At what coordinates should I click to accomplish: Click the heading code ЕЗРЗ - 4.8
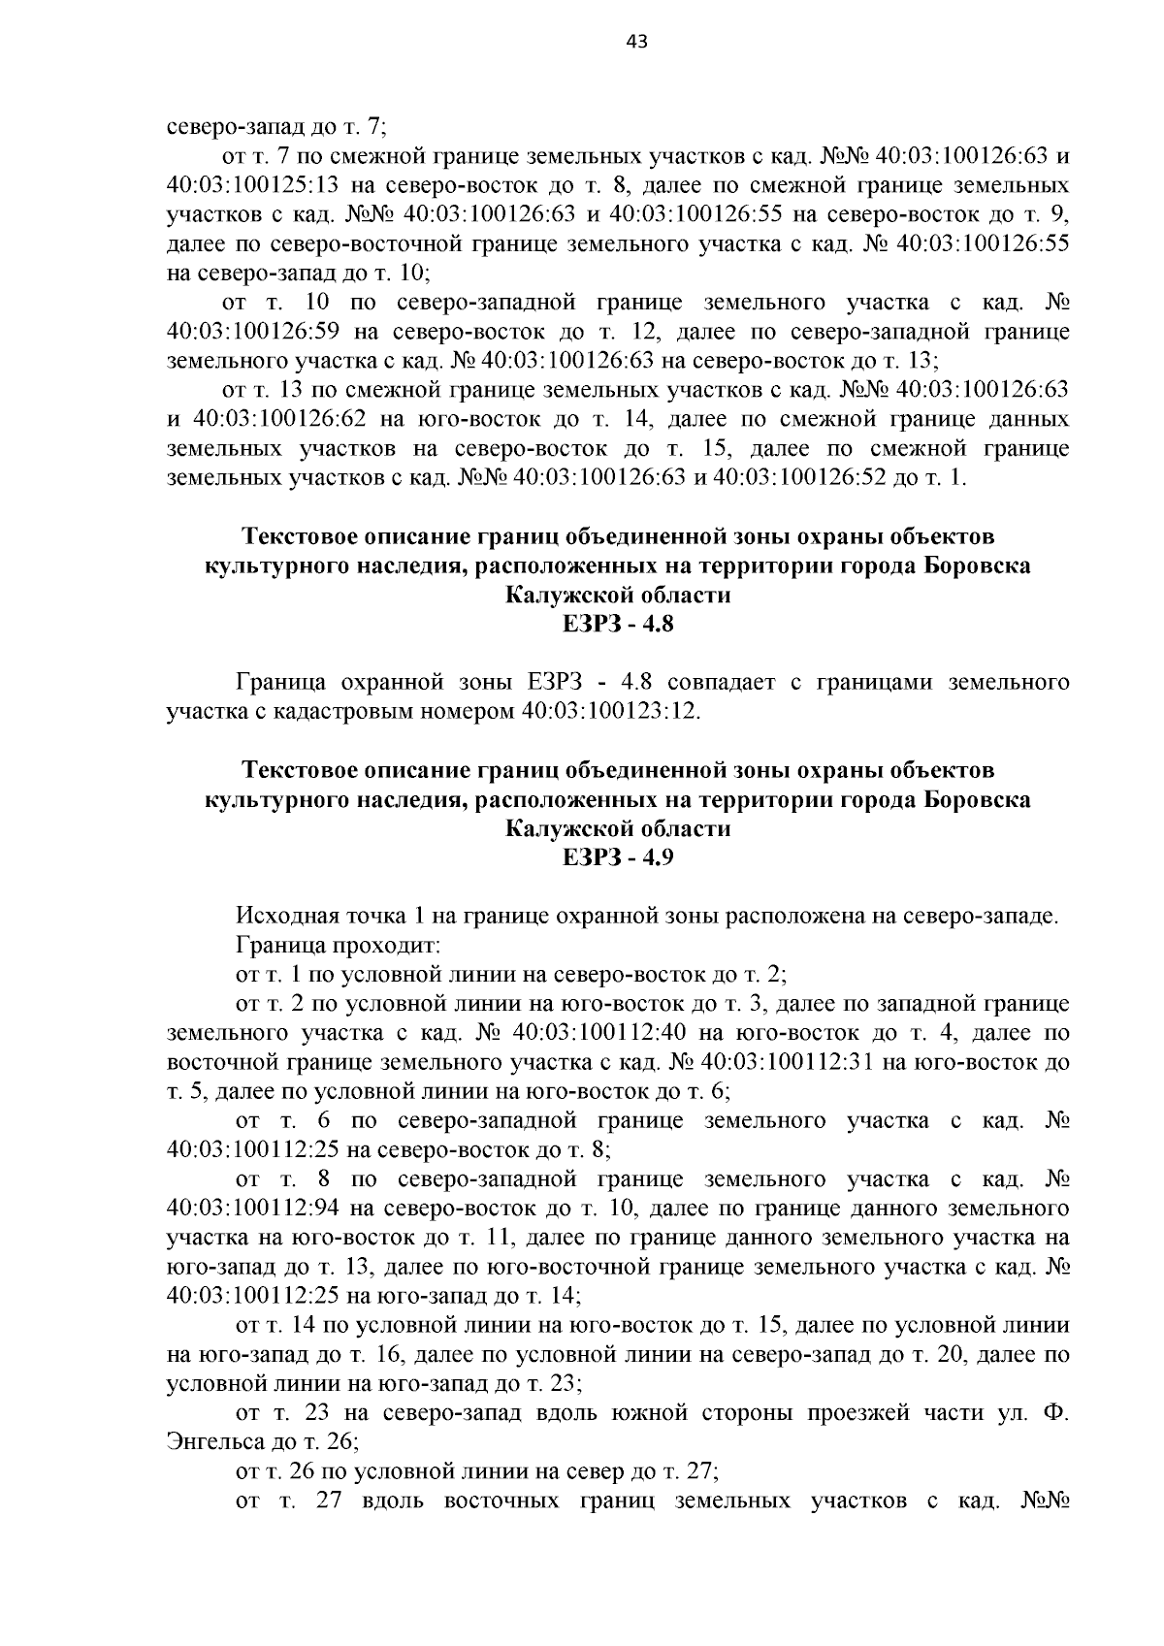click(x=618, y=625)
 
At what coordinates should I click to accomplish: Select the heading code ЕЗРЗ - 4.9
click(x=618, y=858)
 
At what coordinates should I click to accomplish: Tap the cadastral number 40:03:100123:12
click(x=610, y=712)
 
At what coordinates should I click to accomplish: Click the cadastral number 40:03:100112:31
click(x=788, y=1061)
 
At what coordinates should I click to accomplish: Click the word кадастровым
click(x=350, y=712)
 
